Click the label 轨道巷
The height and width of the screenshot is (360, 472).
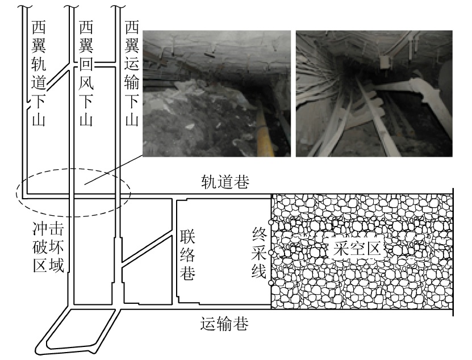[x=225, y=182]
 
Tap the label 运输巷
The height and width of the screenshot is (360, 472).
[x=224, y=324]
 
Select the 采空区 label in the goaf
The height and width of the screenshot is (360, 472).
[x=357, y=249]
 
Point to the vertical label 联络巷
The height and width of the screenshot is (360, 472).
[x=187, y=255]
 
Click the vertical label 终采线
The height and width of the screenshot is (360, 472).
[x=259, y=253]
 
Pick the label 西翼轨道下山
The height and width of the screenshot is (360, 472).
[x=39, y=73]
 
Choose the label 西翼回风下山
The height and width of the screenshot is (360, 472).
[x=86, y=73]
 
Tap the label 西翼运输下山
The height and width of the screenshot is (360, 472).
[x=132, y=73]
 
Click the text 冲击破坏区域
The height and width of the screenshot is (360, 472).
[x=48, y=248]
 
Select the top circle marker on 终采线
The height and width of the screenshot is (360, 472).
[x=271, y=222]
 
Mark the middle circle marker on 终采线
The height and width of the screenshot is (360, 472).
[x=271, y=253]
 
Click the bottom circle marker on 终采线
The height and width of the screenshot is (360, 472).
[x=271, y=283]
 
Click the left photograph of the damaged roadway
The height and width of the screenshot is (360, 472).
[x=217, y=93]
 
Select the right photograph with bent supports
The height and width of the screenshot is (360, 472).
[x=374, y=93]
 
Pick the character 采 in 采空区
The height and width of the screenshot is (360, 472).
[x=340, y=249]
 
